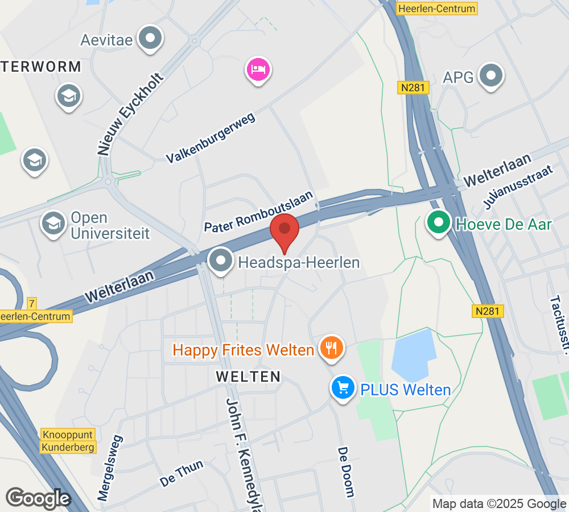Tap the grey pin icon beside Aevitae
click(x=151, y=39)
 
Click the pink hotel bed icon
click(x=258, y=70)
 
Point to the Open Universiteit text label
click(x=110, y=225)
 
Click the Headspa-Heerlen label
click(x=299, y=263)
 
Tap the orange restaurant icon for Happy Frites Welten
click(x=331, y=347)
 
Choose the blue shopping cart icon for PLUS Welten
click(x=343, y=388)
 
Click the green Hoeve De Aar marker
click(x=439, y=222)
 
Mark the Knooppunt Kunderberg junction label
click(x=68, y=441)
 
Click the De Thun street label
click(x=182, y=473)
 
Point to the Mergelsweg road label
click(x=110, y=468)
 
